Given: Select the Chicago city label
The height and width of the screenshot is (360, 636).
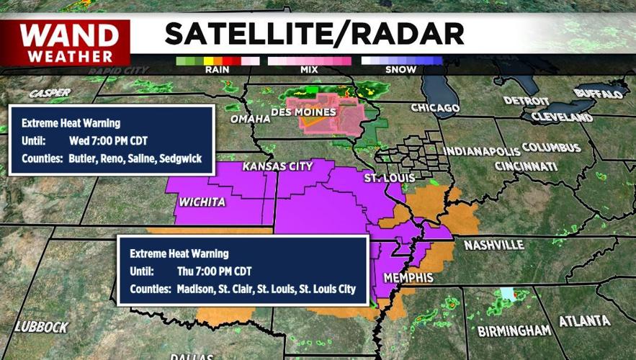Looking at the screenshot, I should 434,108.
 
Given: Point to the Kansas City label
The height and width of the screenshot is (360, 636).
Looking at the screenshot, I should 277,166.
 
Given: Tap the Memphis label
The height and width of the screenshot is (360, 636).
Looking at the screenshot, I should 408,277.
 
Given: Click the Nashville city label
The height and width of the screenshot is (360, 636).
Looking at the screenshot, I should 493,245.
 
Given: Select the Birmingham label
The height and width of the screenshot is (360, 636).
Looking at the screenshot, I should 514,330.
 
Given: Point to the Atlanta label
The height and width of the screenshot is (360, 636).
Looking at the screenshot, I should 584,321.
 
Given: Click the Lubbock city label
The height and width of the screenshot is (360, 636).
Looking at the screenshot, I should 41,326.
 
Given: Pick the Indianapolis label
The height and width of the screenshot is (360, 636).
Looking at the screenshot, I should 479,151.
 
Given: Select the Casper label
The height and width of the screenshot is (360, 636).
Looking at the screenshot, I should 50,93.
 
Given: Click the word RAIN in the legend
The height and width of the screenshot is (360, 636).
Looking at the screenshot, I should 217,71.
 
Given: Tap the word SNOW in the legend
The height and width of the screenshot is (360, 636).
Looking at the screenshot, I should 401,71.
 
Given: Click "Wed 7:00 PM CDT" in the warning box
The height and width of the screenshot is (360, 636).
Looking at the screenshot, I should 104,140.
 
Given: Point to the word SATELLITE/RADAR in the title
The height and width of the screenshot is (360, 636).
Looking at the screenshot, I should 313,33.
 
